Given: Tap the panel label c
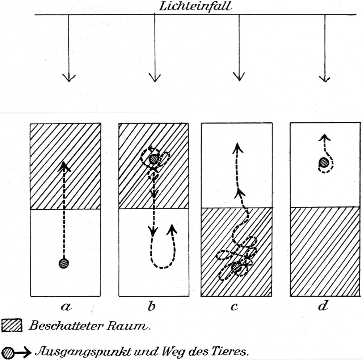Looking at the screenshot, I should coord(235,307).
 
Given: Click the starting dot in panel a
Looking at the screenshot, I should coord(64,263).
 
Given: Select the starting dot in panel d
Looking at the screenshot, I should coord(324,163).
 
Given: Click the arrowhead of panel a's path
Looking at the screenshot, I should coord(64,166).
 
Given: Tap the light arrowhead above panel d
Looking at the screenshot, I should coord(325,78).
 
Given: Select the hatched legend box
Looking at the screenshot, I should coord(12,325).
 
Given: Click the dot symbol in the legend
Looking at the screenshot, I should coord(8,352).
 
